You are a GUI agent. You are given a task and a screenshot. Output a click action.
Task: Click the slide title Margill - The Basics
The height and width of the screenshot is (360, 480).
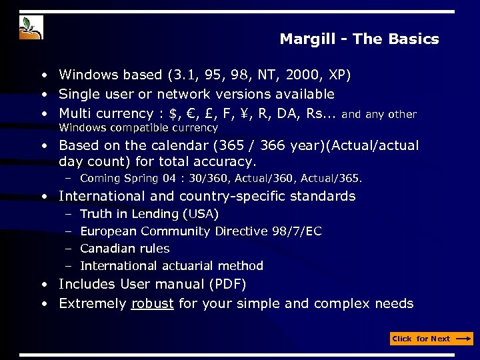pyautogui.click(x=359, y=39)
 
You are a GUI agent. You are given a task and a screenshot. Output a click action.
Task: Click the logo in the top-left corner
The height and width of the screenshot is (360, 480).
pyautogui.click(x=31, y=27)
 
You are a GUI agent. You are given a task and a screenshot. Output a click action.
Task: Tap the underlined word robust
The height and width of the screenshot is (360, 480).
pyautogui.click(x=153, y=304)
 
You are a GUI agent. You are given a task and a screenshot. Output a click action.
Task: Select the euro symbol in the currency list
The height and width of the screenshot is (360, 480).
pyautogui.click(x=193, y=113)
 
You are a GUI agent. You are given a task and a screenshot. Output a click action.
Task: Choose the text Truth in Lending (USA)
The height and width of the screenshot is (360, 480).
pyautogui.click(x=149, y=214)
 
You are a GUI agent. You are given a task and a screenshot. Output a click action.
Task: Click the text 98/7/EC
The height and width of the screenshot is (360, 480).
pyautogui.click(x=297, y=231)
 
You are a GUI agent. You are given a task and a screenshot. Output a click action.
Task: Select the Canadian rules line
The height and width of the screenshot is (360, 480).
pyautogui.click(x=125, y=249)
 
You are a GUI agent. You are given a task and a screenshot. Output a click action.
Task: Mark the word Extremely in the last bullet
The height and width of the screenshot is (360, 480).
pyautogui.click(x=92, y=304)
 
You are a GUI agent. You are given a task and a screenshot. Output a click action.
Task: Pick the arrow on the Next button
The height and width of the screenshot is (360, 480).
pyautogui.click(x=463, y=339)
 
